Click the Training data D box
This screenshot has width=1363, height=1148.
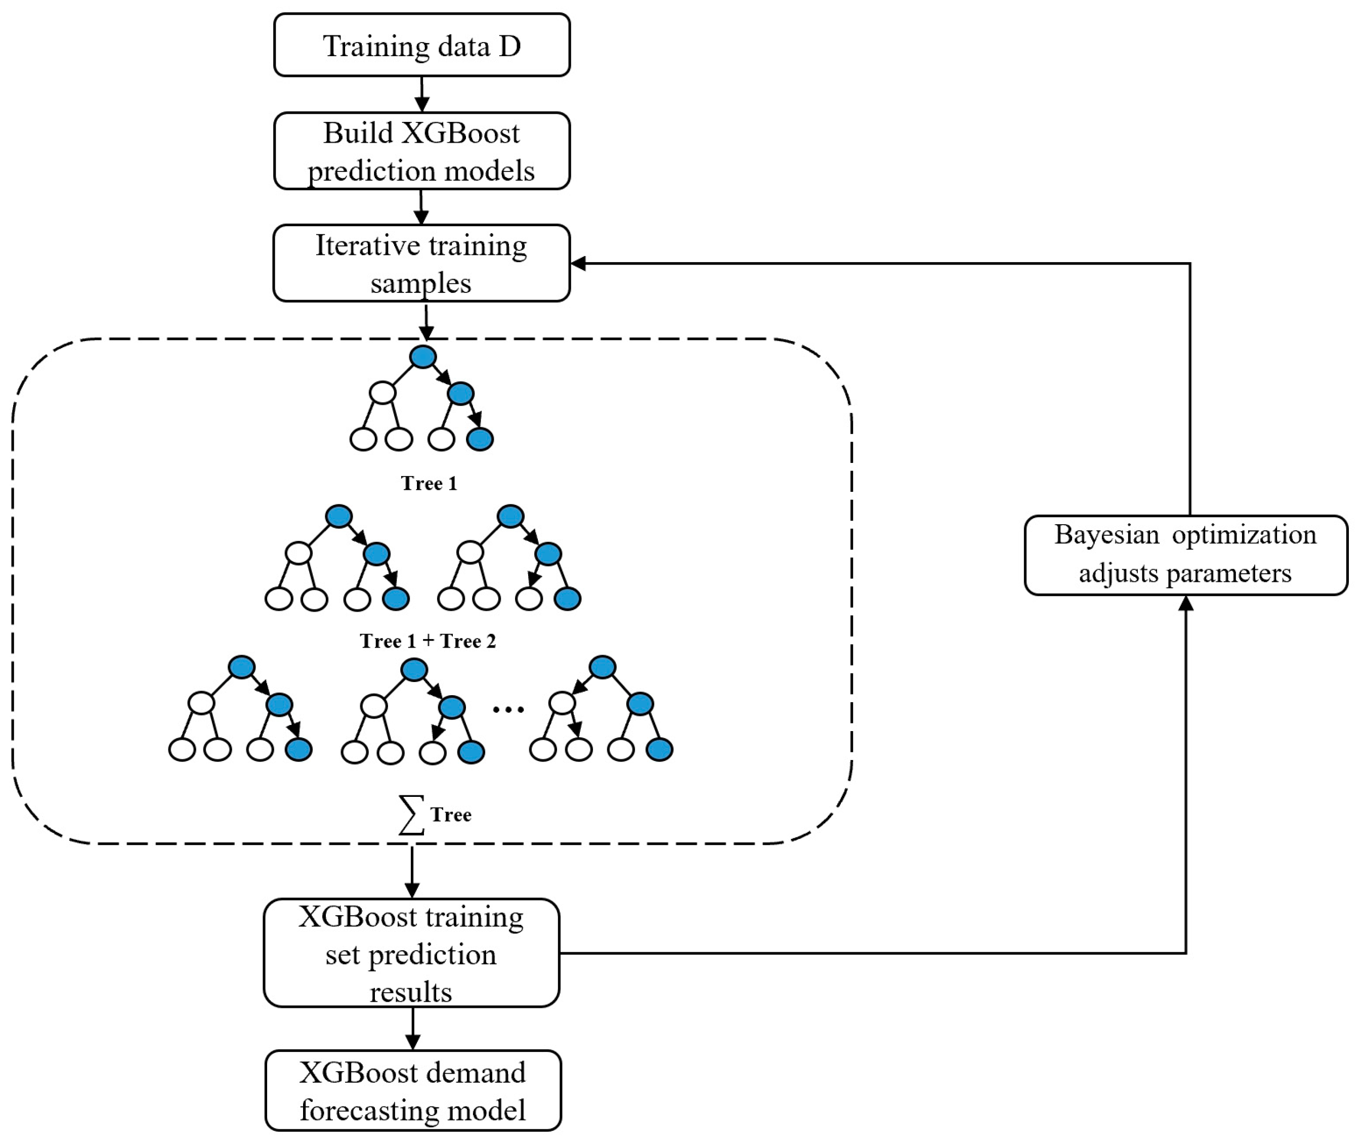[421, 45]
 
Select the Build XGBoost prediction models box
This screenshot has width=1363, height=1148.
[421, 151]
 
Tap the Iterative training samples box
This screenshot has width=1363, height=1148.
[421, 263]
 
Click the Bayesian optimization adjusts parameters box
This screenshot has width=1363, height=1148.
[1185, 555]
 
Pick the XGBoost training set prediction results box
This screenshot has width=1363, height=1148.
[411, 953]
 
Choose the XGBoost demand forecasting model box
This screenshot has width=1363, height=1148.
[412, 1091]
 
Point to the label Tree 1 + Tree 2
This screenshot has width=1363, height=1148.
[428, 641]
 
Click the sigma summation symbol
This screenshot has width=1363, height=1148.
[411, 815]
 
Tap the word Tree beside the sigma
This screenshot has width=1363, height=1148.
[451, 815]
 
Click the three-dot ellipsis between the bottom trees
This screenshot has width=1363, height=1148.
[508, 709]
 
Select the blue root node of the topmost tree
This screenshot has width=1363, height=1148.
[423, 357]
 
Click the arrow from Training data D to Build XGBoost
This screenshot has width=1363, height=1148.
[421, 95]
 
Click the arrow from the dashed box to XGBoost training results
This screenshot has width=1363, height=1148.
[412, 872]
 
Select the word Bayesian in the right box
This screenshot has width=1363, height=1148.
[1106, 535]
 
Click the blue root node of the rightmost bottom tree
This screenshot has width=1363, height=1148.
[602, 667]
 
